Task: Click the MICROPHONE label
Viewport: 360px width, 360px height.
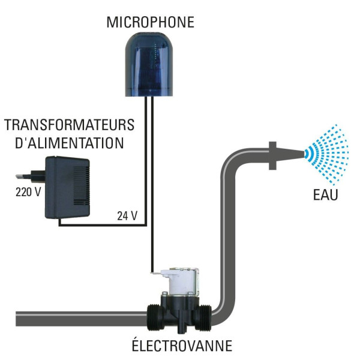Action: point(151,22)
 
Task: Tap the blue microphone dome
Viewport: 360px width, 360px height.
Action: point(149,64)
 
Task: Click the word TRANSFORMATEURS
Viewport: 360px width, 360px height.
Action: point(70,125)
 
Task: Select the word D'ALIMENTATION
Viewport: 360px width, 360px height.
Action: point(70,143)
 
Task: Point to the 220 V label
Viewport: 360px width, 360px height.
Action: point(28,192)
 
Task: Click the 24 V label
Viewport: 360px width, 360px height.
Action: point(127,216)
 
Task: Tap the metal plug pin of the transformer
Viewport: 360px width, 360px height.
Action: point(23,176)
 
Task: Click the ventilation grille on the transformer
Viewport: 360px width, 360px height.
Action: point(81,185)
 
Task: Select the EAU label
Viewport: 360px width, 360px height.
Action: point(326,195)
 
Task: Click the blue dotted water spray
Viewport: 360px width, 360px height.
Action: point(327,154)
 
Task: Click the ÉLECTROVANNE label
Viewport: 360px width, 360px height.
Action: point(182,346)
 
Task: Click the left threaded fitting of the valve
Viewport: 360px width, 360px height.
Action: point(155,317)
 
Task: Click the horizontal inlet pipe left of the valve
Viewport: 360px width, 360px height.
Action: point(82,319)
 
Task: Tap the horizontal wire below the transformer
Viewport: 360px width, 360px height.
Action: point(103,224)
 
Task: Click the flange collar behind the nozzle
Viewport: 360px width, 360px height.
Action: point(272,155)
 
